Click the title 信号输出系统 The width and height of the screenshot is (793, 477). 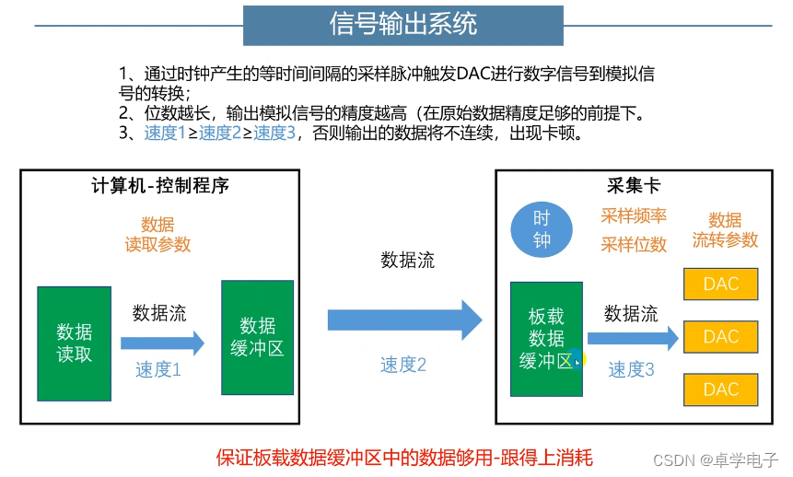(402, 25)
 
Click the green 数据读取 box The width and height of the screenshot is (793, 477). (74, 343)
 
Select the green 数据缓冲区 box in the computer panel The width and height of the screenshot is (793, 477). (258, 337)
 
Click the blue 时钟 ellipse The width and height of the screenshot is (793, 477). (542, 229)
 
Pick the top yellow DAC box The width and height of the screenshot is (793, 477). (720, 284)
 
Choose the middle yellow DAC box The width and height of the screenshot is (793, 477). (720, 337)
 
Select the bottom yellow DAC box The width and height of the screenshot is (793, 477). (720, 390)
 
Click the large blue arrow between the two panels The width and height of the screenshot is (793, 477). (404, 320)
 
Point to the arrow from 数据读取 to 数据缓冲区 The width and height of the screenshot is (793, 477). (162, 343)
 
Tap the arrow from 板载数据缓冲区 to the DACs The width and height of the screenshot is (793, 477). (633, 339)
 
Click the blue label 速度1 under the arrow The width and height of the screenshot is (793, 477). (158, 370)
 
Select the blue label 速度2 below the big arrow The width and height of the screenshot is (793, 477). (403, 365)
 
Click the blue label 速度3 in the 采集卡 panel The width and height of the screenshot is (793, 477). (631, 370)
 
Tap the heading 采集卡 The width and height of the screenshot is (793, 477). (634, 185)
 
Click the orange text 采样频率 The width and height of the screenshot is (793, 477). (634, 216)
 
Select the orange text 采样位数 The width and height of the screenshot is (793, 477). (634, 244)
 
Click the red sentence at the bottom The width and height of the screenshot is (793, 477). (404, 457)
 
